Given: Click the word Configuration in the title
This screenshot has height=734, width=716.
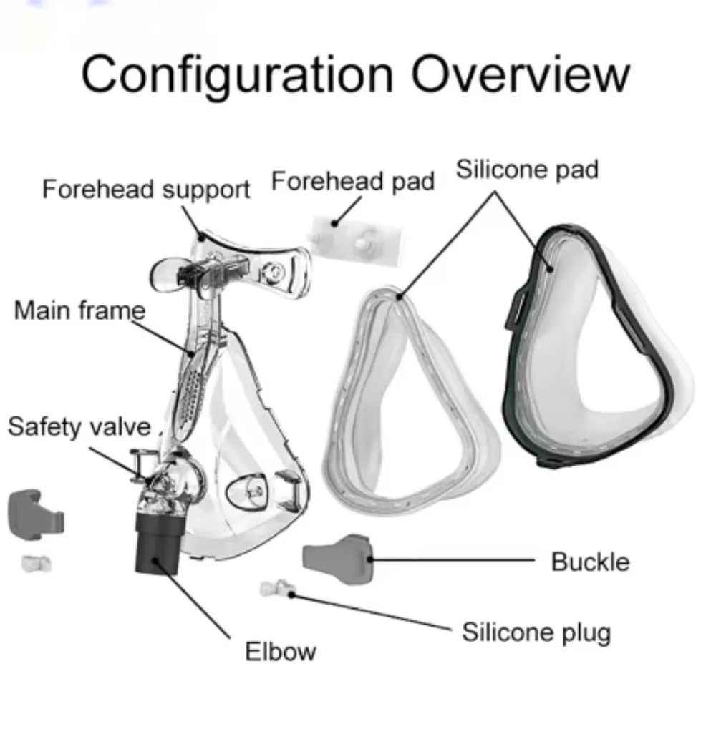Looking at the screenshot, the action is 237,74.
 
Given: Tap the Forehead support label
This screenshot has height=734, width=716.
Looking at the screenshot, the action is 146,190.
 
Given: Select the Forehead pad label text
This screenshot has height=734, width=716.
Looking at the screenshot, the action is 353,182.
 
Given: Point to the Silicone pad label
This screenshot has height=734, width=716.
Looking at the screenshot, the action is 527,170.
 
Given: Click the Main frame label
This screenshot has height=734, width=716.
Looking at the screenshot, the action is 79,310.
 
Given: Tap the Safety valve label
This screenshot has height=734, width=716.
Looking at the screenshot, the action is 79,426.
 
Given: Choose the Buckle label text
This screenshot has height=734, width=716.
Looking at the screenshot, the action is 590,562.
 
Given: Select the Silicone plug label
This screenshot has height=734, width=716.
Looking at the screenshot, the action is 536,632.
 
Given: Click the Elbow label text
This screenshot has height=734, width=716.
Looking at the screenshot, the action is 280,652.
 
